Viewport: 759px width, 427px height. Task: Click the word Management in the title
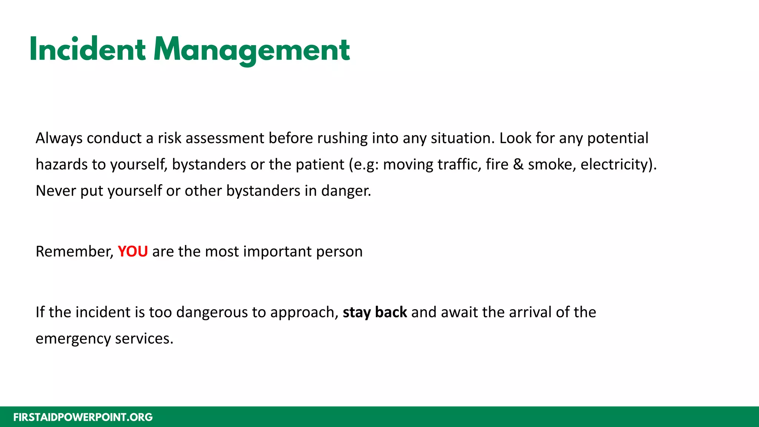tap(252, 50)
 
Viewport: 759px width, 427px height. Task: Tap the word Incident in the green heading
tap(87, 50)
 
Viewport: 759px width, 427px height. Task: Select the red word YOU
tap(133, 251)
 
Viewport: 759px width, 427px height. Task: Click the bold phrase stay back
tap(375, 312)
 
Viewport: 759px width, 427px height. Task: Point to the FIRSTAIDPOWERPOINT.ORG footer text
tap(83, 417)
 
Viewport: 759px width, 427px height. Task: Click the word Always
tap(59, 138)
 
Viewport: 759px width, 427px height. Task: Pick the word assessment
tap(225, 138)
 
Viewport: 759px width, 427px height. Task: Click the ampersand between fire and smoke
tap(518, 164)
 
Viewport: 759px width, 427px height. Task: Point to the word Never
tap(56, 191)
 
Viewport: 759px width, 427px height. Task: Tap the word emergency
tap(73, 339)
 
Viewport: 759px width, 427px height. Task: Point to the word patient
tap(320, 164)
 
